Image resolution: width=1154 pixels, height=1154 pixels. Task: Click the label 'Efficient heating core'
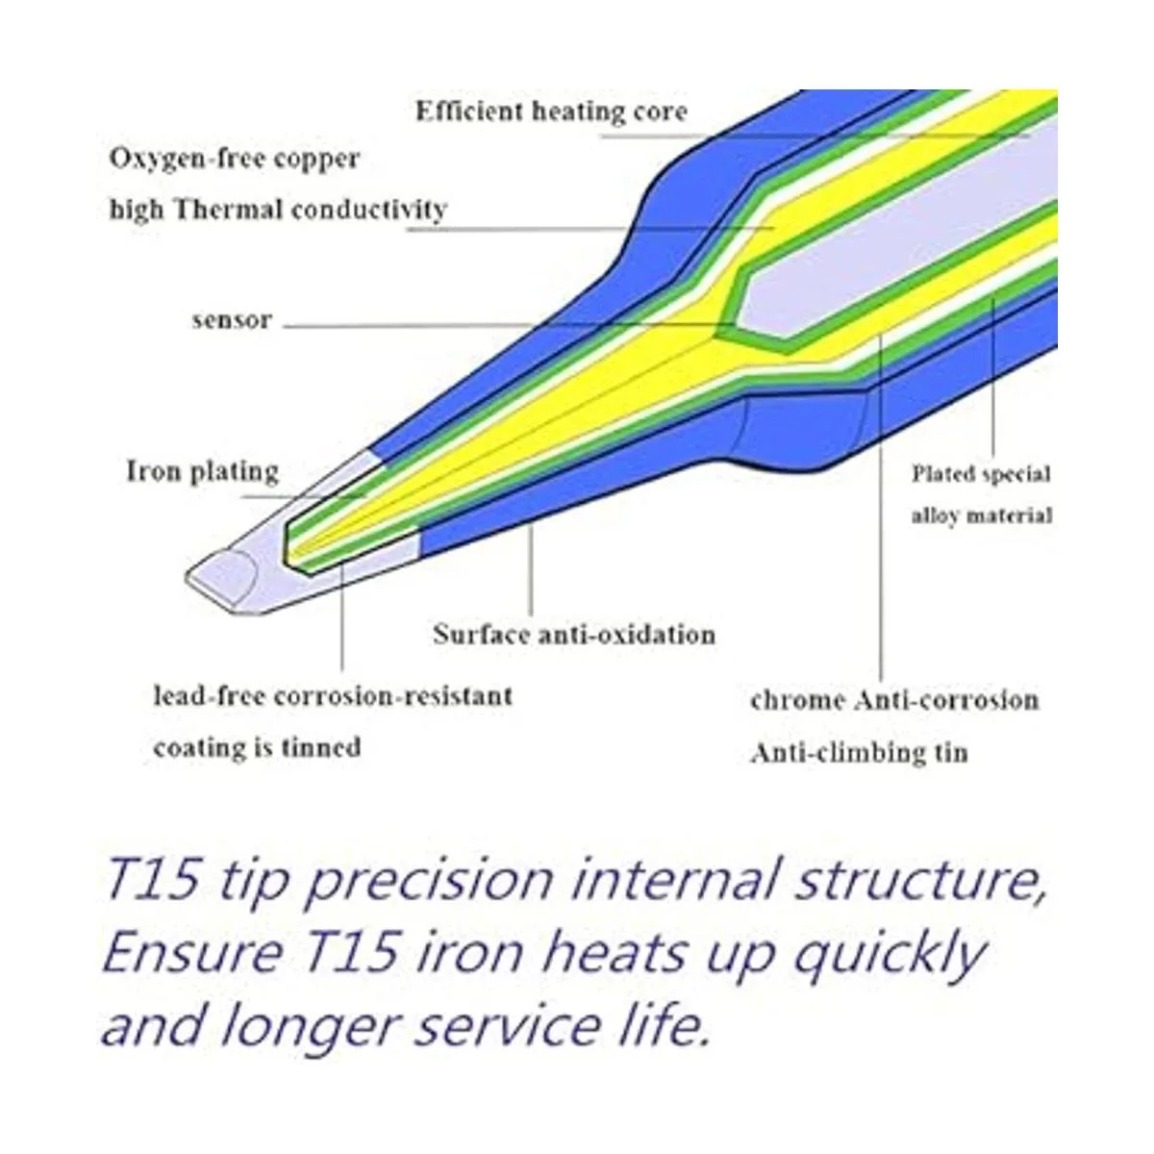pyautogui.click(x=551, y=112)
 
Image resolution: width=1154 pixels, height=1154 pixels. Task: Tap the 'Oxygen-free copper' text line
pyautogui.click(x=235, y=159)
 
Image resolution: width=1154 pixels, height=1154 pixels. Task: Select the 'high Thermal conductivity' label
pyautogui.click(x=278, y=210)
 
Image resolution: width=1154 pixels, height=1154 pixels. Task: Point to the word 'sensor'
pyautogui.click(x=232, y=320)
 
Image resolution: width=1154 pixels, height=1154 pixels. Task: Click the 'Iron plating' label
pyautogui.click(x=202, y=472)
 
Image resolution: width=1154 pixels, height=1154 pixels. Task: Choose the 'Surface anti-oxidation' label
pyautogui.click(x=574, y=635)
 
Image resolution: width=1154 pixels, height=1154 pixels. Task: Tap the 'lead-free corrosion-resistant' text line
pyautogui.click(x=333, y=695)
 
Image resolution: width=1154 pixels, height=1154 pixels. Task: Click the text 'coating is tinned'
pyautogui.click(x=257, y=747)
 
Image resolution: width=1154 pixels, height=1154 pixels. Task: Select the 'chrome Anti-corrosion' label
pyautogui.click(x=894, y=700)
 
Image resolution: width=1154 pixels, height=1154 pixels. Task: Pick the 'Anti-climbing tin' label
pyautogui.click(x=859, y=752)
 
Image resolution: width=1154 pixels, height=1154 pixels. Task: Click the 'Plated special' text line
pyautogui.click(x=981, y=474)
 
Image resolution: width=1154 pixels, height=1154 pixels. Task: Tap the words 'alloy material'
pyautogui.click(x=982, y=515)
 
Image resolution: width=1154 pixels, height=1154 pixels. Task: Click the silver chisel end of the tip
pyautogui.click(x=231, y=577)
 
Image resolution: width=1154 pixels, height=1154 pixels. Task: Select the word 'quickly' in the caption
pyautogui.click(x=889, y=955)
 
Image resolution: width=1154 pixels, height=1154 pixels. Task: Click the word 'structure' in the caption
pyautogui.click(x=913, y=879)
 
